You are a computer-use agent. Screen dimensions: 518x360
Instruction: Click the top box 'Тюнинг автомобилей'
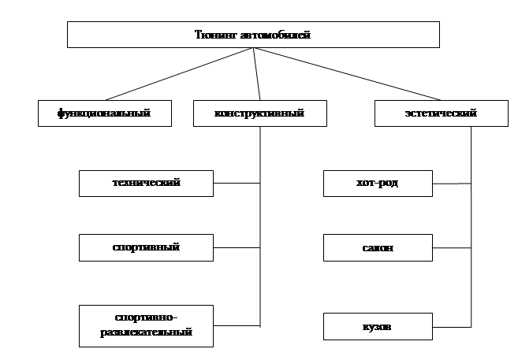pos(252,34)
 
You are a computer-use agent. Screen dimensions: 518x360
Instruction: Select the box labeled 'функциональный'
pos(104,113)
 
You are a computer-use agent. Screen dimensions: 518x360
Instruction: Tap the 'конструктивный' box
pos(259,113)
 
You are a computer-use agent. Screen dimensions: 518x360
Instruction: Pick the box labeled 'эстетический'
pos(430,113)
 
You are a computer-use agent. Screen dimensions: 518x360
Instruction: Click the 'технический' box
pos(146,183)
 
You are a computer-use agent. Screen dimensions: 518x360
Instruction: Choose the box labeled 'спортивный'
pos(146,247)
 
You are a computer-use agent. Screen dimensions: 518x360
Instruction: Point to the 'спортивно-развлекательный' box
pos(146,325)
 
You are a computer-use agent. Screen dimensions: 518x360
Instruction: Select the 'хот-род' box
pos(378,184)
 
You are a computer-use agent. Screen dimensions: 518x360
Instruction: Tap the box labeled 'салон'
pos(378,248)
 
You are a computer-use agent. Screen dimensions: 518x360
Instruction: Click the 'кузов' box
pos(378,325)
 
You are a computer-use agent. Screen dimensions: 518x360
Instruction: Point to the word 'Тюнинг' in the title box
pos(212,35)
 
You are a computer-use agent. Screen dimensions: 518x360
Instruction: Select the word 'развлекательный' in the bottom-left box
pos(146,332)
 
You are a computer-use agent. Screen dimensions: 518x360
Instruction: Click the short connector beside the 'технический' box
pos(237,184)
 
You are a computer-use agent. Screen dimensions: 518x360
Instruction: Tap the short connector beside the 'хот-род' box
pos(452,184)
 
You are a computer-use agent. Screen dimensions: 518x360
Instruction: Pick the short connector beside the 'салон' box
pos(452,248)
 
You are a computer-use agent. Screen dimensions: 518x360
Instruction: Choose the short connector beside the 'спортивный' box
pos(237,248)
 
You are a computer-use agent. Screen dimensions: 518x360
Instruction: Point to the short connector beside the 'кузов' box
pos(452,325)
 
